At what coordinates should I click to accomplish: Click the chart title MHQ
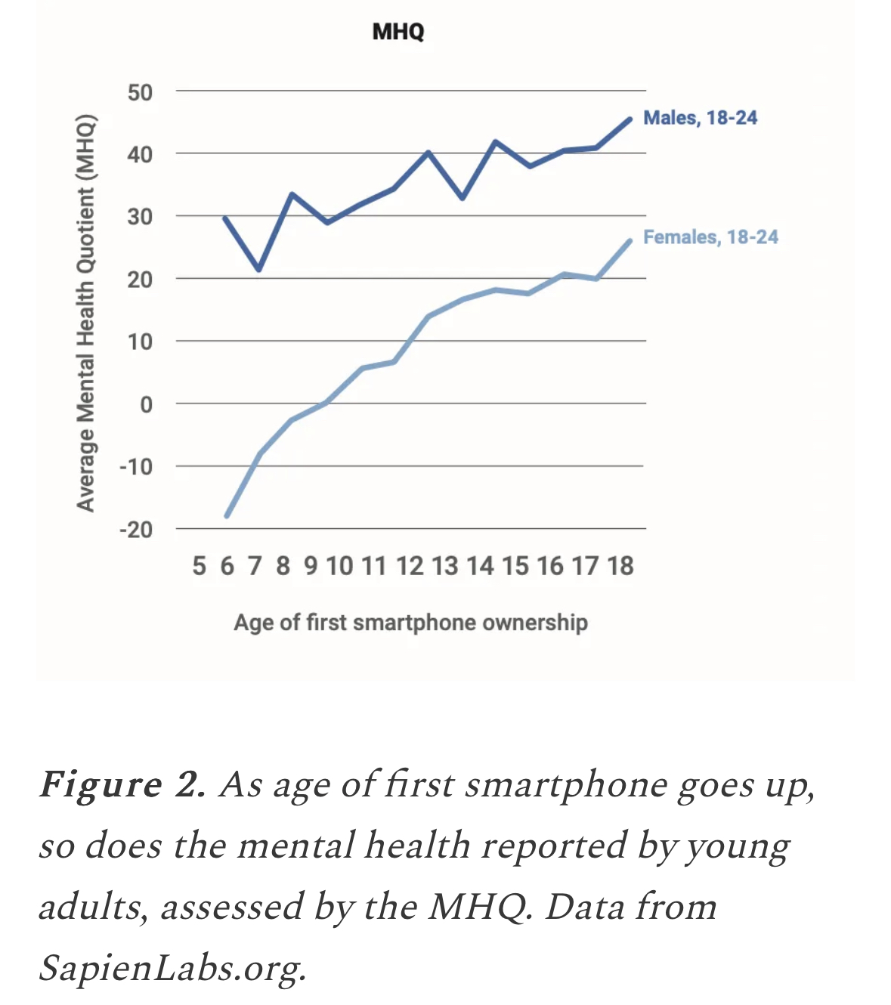pyautogui.click(x=398, y=32)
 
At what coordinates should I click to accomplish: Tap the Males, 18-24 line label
pyautogui.click(x=700, y=118)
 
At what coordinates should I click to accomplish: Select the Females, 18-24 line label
pyautogui.click(x=710, y=237)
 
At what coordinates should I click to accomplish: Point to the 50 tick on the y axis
pyautogui.click(x=140, y=93)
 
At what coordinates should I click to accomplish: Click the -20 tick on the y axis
pyautogui.click(x=136, y=530)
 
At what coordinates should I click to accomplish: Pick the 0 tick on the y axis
pyautogui.click(x=146, y=405)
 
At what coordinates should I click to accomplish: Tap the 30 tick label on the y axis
pyautogui.click(x=140, y=218)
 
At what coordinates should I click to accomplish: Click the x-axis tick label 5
pyautogui.click(x=199, y=566)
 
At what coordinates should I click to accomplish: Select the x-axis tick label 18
pyautogui.click(x=620, y=566)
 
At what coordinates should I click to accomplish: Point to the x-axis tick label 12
pyautogui.click(x=410, y=566)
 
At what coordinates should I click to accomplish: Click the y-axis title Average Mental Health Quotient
pyautogui.click(x=86, y=313)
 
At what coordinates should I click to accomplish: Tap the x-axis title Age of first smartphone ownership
pyautogui.click(x=410, y=623)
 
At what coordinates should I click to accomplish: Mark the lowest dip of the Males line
pyautogui.click(x=259, y=269)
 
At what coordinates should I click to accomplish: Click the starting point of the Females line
pyautogui.click(x=227, y=516)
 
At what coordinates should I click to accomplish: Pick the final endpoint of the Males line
pyautogui.click(x=630, y=119)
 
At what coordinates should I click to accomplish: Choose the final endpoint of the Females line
pyautogui.click(x=630, y=240)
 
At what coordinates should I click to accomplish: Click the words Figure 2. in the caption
pyautogui.click(x=122, y=785)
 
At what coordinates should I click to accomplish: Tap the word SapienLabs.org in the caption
pyautogui.click(x=172, y=969)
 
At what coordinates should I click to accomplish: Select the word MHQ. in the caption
pyautogui.click(x=481, y=907)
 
